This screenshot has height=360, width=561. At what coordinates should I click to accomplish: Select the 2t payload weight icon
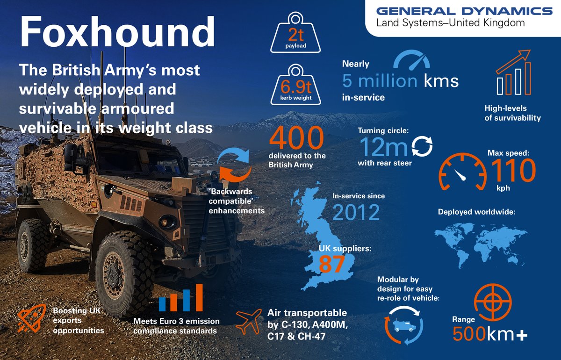tap(295, 34)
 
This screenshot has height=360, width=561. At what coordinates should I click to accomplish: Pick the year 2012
tap(356, 213)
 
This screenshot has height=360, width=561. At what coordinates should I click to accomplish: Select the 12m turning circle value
tap(384, 147)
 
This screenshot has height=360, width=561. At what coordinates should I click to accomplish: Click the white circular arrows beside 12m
tap(422, 146)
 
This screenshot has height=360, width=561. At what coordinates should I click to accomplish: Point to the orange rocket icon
tap(32, 319)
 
